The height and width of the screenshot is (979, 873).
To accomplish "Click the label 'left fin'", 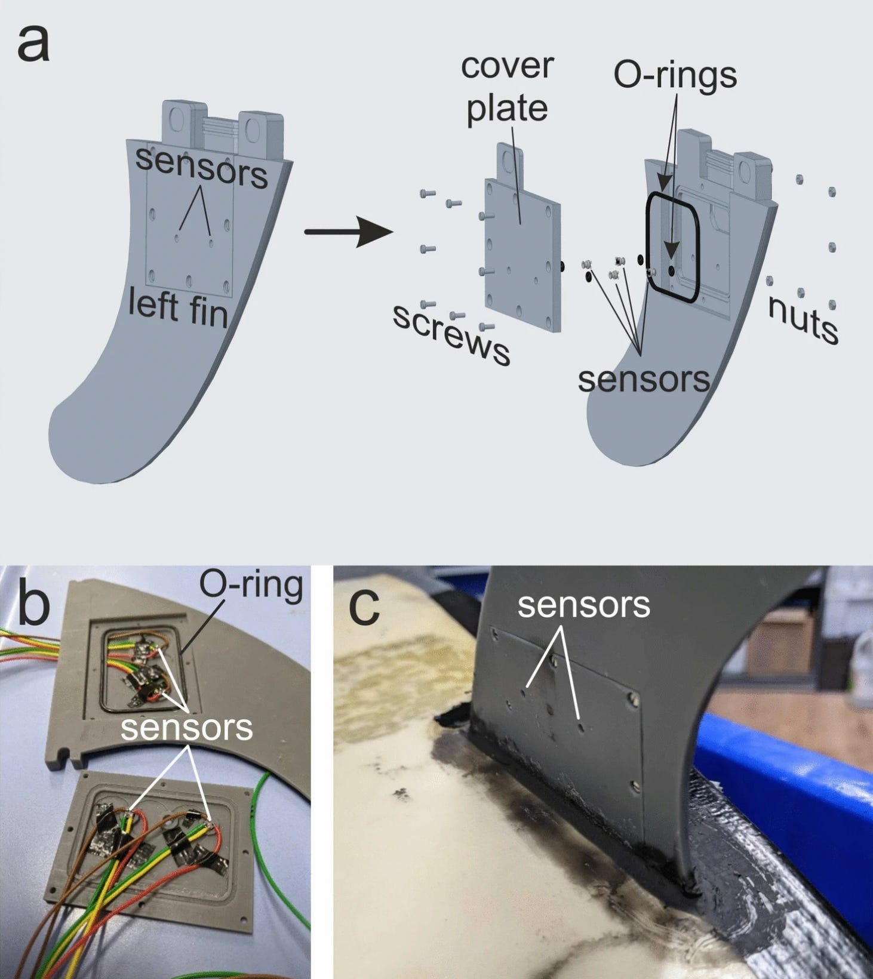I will pos(178,308).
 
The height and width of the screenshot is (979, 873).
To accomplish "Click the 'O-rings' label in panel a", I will pos(675,76).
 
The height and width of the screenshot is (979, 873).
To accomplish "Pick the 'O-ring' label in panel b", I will pos(251,586).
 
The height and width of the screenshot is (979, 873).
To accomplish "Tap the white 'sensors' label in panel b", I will pos(186,728).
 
